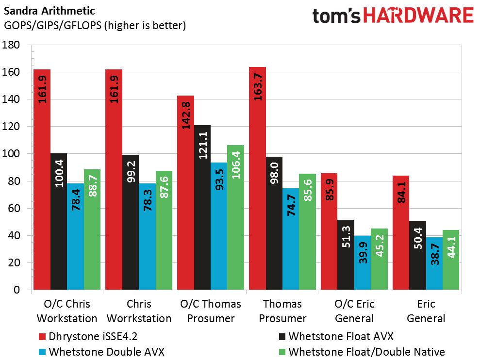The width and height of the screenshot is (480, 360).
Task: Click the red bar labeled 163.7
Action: pos(257,178)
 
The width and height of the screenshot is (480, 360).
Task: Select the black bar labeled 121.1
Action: pos(202,207)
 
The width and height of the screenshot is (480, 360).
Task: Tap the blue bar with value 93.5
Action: pos(219,226)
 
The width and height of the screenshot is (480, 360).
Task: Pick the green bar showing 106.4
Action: pos(236,217)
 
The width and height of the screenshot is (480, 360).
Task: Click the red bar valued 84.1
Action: pos(401,233)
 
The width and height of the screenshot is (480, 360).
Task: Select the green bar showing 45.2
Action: pos(379,259)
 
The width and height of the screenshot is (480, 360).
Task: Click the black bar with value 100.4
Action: pos(59,221)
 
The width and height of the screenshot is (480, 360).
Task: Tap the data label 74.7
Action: pos(291,205)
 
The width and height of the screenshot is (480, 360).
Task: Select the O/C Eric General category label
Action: pos(354,311)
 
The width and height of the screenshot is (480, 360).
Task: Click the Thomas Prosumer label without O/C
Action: pos(282,311)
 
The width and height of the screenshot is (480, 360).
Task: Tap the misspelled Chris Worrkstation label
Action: pos(139,311)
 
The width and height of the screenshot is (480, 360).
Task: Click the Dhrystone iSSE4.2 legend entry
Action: pos(88,336)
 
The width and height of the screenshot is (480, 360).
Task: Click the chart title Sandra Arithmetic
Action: pos(50,11)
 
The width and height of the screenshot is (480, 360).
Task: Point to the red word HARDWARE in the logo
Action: pos(418,16)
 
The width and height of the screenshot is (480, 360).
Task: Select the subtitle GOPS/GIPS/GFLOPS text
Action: pos(52,25)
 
